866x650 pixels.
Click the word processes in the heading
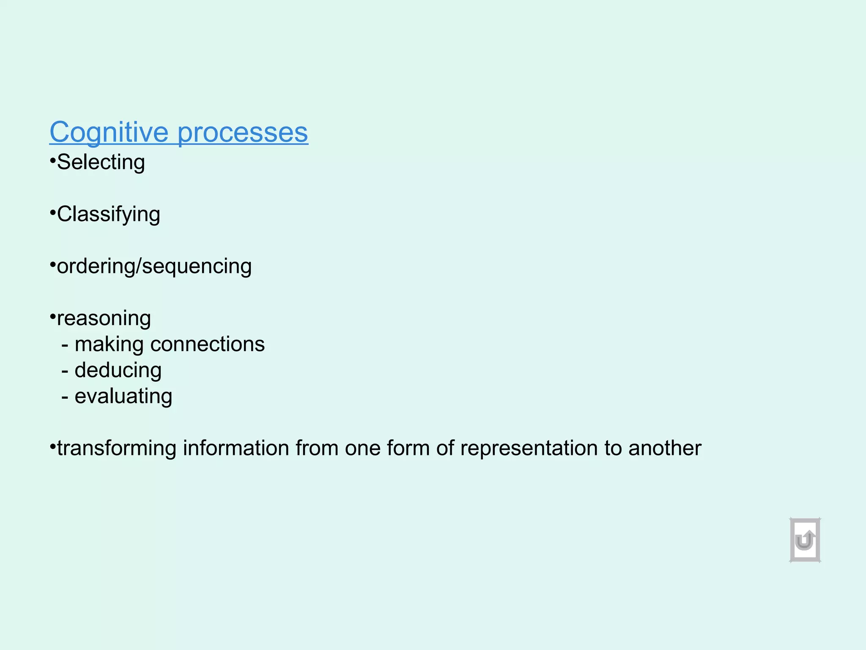pyautogui.click(x=243, y=132)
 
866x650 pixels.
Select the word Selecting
pyautogui.click(x=101, y=162)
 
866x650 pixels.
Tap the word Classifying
pyautogui.click(x=108, y=215)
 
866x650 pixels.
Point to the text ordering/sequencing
pyautogui.click(x=154, y=266)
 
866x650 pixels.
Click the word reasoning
pyautogui.click(x=104, y=318)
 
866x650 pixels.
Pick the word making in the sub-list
pyautogui.click(x=109, y=344)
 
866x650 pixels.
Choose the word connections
pyautogui.click(x=208, y=344)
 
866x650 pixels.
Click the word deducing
pyautogui.click(x=118, y=370)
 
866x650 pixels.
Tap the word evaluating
pyautogui.click(x=123, y=397)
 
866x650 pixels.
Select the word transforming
pyautogui.click(x=117, y=448)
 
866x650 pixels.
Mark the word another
pyautogui.click(x=665, y=448)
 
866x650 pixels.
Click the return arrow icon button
pyautogui.click(x=805, y=540)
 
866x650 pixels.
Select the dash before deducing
pyautogui.click(x=65, y=371)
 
